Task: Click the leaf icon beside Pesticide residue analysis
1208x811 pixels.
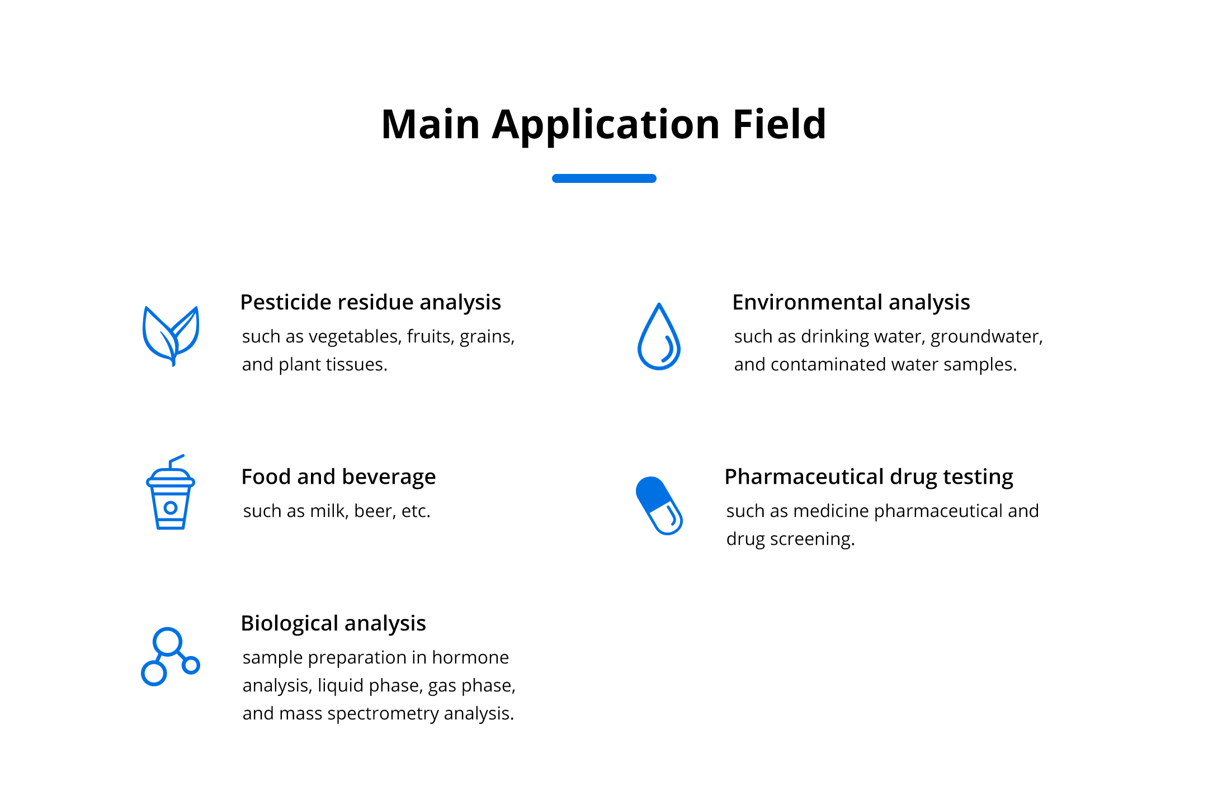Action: coord(171,336)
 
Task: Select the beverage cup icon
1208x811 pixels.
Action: coord(171,492)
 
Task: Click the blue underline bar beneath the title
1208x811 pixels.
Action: coord(604,178)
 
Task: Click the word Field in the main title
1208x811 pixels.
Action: coord(779,124)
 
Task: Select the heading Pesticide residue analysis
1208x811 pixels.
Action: coord(370,302)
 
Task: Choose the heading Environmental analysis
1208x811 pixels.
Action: coord(851,302)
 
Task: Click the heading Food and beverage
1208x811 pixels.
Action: coord(338,477)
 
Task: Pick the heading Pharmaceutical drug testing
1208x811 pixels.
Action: coord(869,477)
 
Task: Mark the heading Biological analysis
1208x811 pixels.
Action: coord(333,623)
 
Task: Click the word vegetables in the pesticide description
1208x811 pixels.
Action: coord(355,337)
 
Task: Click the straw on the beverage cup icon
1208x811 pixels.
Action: coord(176,461)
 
